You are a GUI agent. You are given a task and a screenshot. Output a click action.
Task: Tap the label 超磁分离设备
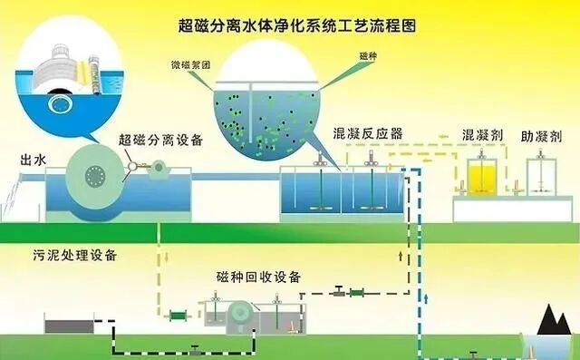pos(160,140)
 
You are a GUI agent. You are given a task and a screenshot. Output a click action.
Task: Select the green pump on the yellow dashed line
pos(177,315)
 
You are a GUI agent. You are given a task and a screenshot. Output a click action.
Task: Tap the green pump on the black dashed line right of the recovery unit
pos(355,292)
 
